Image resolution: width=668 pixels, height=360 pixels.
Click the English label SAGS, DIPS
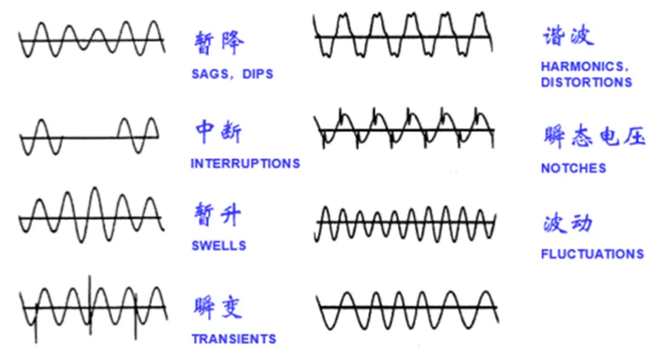coord(231,74)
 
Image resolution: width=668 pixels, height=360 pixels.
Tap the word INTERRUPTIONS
coord(245,163)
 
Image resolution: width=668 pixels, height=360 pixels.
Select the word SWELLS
coord(218,246)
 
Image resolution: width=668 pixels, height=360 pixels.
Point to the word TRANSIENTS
coord(234,339)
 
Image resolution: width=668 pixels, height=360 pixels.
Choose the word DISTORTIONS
coord(586,83)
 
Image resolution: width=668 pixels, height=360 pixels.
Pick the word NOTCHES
coord(573,168)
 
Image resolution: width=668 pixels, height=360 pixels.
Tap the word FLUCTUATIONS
coord(592,254)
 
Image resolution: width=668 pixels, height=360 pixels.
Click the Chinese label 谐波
coord(569,36)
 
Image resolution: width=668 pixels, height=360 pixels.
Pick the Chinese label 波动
coord(569,224)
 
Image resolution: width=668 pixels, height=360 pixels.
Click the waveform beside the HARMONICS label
coord(405,37)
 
